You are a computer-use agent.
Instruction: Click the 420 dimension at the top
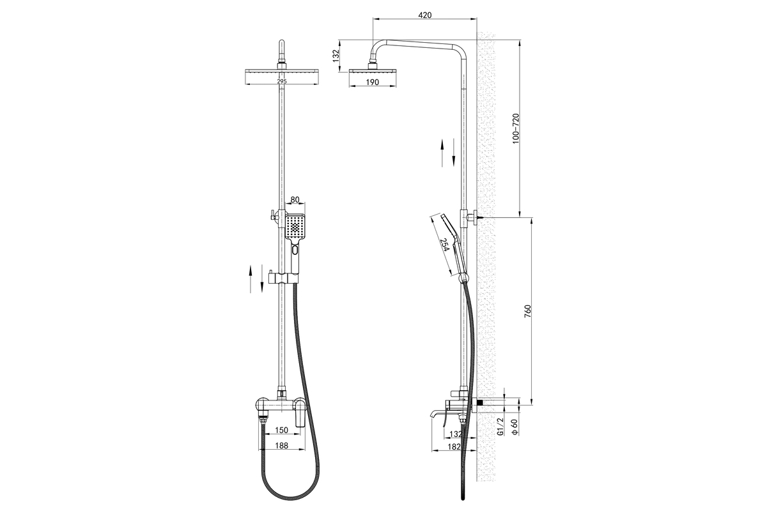point(425,15)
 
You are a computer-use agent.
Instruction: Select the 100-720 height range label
point(516,128)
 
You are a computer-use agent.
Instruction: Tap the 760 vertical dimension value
point(528,311)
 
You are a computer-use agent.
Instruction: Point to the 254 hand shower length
point(444,245)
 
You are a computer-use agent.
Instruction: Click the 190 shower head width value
point(373,82)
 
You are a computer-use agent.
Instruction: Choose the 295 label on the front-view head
point(281,81)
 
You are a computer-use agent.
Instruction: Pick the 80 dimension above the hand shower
point(295,199)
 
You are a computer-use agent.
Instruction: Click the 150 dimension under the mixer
point(281,430)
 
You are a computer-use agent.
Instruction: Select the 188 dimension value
point(281,445)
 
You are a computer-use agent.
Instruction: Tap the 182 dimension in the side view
point(454,446)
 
